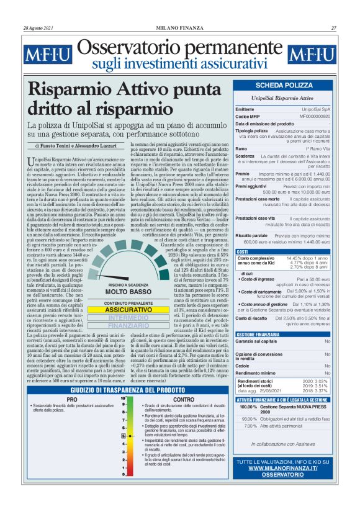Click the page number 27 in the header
[334, 27]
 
